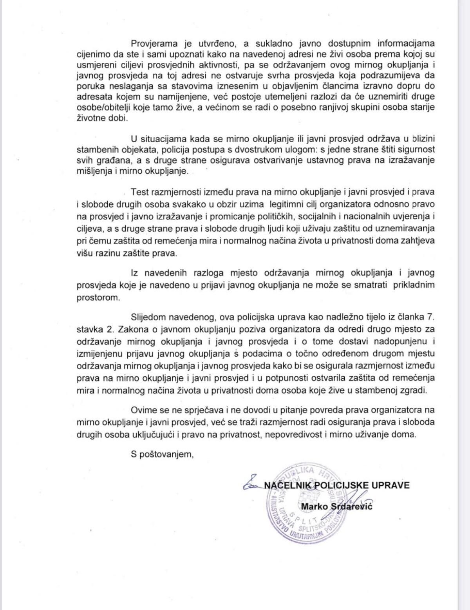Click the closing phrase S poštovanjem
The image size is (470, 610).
coord(162,454)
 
